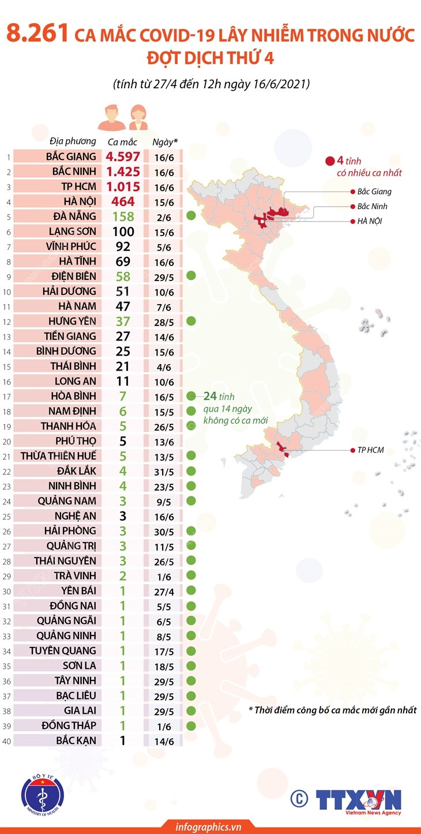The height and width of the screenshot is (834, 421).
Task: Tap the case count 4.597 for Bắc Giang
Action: pos(123,156)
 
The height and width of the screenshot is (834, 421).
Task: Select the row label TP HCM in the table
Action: pos(80,186)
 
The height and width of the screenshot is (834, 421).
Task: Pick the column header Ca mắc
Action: pos(122,141)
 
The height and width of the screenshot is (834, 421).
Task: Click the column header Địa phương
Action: pos(73,141)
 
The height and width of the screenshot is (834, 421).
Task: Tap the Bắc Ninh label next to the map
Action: pos(372,206)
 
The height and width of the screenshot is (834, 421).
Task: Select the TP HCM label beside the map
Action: pos(370,450)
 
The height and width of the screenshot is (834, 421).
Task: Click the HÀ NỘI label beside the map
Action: pos(369,221)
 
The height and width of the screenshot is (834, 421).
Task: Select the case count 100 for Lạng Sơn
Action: pos(122,231)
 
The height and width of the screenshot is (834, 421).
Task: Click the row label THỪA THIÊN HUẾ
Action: pos(58,456)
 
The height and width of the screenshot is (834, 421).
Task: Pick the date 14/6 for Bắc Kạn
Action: pos(165,740)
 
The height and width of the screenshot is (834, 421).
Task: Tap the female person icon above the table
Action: pos(137,118)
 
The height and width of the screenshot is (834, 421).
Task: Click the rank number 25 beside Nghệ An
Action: pos(7,516)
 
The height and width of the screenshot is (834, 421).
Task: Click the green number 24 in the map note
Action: pos(210,396)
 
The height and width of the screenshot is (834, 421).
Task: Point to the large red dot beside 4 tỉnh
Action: pos(330,162)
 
